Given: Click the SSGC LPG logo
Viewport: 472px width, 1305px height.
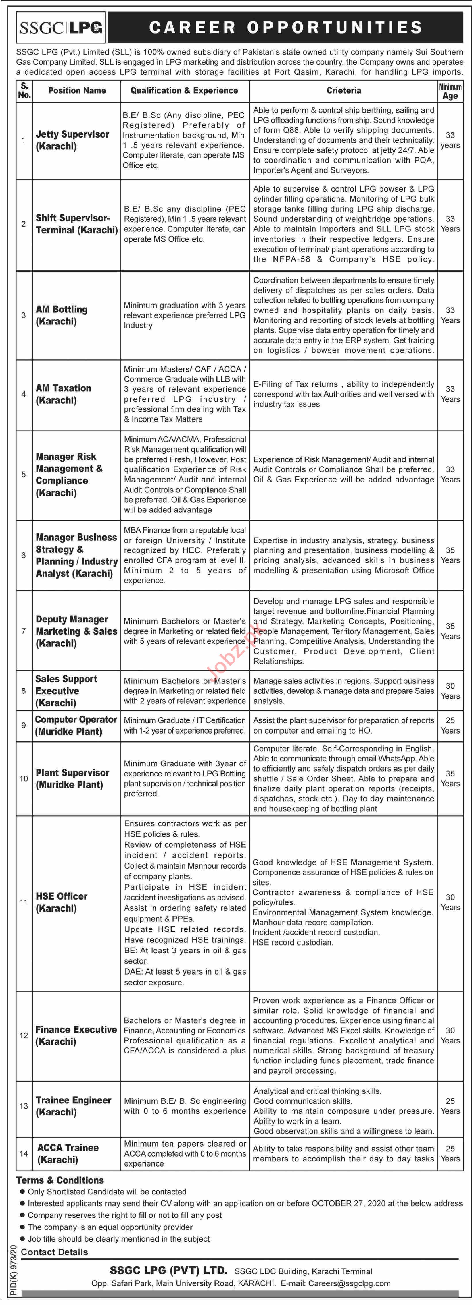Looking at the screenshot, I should (x=61, y=27).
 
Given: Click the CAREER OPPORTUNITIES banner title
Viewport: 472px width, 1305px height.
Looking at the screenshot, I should (x=285, y=27).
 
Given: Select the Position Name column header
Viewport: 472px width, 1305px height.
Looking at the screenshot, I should (x=77, y=91).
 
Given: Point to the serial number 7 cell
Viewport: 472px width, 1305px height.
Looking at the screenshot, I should (x=23, y=631).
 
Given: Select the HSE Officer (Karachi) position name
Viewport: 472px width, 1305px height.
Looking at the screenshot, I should (x=61, y=902).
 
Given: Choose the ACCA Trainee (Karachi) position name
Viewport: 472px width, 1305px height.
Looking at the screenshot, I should (x=68, y=1153).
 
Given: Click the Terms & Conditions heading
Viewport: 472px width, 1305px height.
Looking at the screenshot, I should (x=60, y=1180).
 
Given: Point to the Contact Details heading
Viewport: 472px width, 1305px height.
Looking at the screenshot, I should (x=54, y=1252).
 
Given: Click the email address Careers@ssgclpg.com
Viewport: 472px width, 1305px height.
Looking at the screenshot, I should (x=348, y=1283).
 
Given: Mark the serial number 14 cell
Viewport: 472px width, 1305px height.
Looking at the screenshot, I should (x=23, y=1153).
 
